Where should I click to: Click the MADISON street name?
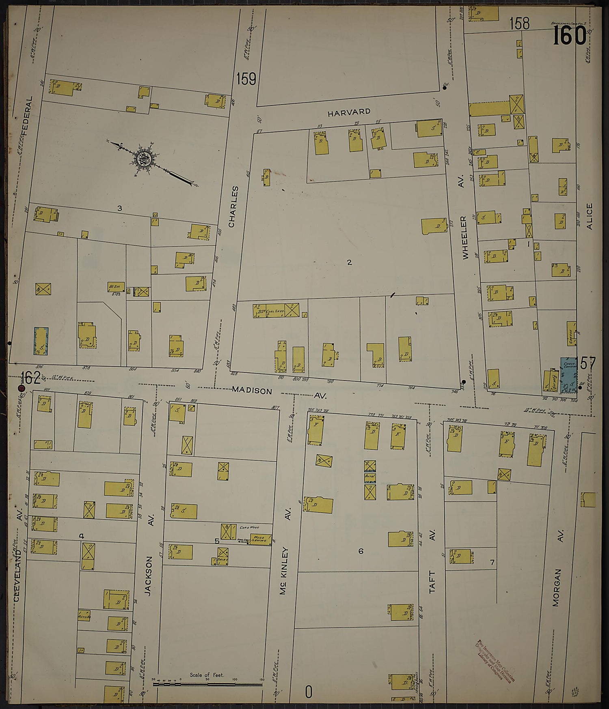click(x=252, y=390)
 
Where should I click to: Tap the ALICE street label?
click(x=589, y=216)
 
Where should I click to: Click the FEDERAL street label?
click(x=27, y=116)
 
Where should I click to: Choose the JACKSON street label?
click(x=149, y=576)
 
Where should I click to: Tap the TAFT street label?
click(x=432, y=582)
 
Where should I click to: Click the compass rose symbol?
click(x=143, y=158)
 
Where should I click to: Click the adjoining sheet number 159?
click(x=246, y=79)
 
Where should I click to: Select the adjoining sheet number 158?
click(x=520, y=24)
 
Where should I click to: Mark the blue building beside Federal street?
click(x=41, y=341)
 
